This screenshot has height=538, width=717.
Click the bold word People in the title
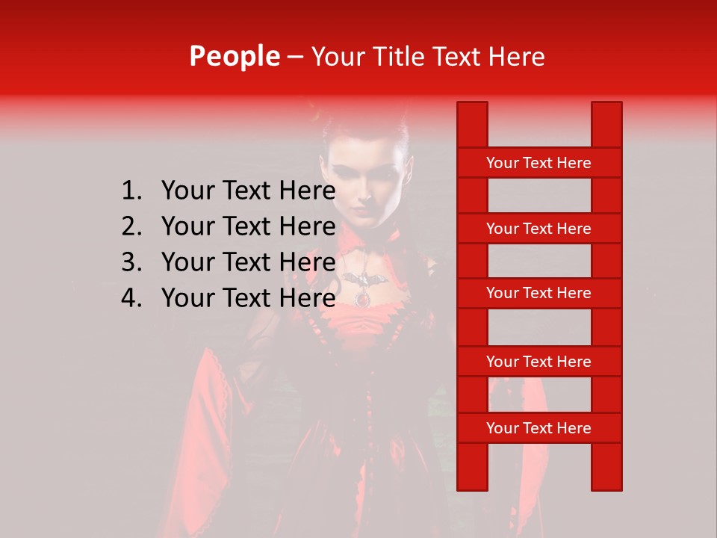(x=234, y=56)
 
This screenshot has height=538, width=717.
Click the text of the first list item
(x=248, y=191)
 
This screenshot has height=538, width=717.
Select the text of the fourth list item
(x=248, y=298)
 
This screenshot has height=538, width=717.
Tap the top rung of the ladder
(x=538, y=163)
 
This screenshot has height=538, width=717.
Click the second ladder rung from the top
(x=538, y=229)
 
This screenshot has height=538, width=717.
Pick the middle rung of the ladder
(x=538, y=293)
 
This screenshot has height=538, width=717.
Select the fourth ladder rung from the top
(x=538, y=362)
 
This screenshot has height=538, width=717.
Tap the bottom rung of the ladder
(x=538, y=428)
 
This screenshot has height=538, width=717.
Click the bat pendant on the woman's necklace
(x=365, y=281)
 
